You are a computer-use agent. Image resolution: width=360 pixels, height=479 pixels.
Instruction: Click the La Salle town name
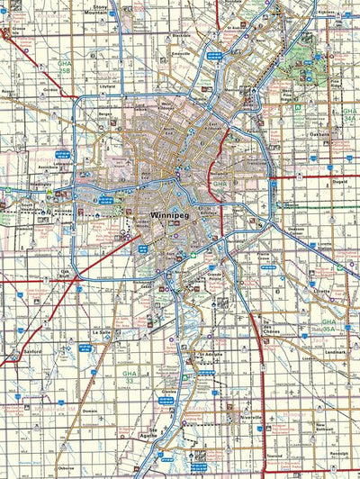tap(101, 332)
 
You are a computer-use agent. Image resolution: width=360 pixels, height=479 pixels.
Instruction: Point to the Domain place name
tap(89, 411)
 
